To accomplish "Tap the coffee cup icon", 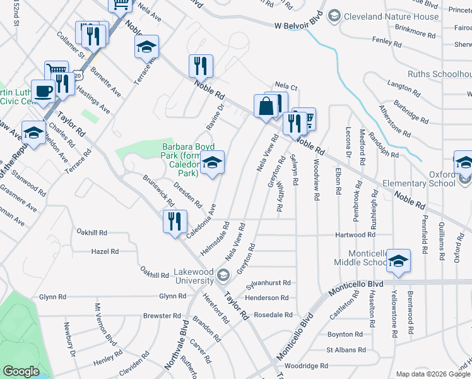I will pyautogui.click(x=44, y=90).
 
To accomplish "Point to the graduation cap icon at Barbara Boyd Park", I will pyautogui.click(x=213, y=164).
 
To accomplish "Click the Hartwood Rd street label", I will pyautogui.click(x=355, y=235).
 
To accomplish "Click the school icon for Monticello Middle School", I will pyautogui.click(x=398, y=260).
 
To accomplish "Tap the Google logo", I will pyautogui.click(x=21, y=371).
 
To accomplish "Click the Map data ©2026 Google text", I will pyautogui.click(x=433, y=374).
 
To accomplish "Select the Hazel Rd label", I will pyautogui.click(x=105, y=251).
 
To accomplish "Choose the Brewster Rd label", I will pyautogui.click(x=162, y=315).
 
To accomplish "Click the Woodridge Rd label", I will pyautogui.click(x=306, y=366).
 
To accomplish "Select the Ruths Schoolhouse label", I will pyautogui.click(x=439, y=74).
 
